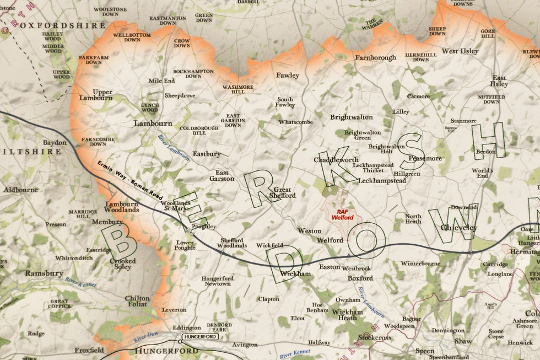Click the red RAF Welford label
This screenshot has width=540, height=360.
342,214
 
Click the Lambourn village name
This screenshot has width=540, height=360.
153,123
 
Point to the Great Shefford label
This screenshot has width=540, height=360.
282,192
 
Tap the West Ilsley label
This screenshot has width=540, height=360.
460,51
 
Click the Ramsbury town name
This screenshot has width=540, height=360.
44,273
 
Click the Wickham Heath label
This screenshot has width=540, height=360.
348,315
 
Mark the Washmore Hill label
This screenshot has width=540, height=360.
237,90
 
